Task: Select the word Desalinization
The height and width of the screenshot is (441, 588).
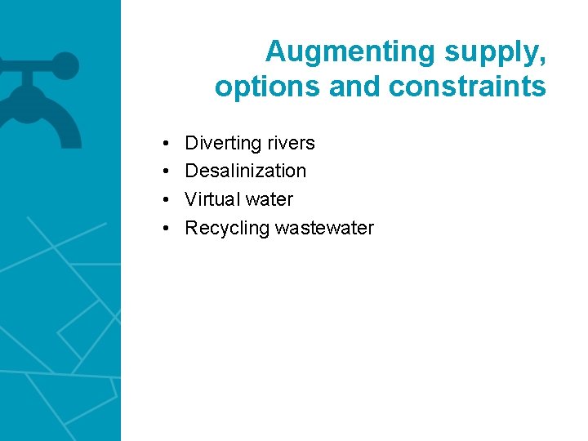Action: click(x=245, y=171)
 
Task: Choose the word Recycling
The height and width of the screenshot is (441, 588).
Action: click(x=227, y=228)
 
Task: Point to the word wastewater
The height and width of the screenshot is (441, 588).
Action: click(x=324, y=228)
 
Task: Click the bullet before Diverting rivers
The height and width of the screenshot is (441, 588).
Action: click(x=165, y=144)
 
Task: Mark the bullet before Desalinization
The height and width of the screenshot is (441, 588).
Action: click(x=165, y=171)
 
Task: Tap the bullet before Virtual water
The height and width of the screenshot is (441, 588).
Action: click(x=165, y=199)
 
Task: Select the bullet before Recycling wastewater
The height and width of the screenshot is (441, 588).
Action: click(x=165, y=228)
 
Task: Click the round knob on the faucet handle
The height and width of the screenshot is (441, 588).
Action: click(x=65, y=66)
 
